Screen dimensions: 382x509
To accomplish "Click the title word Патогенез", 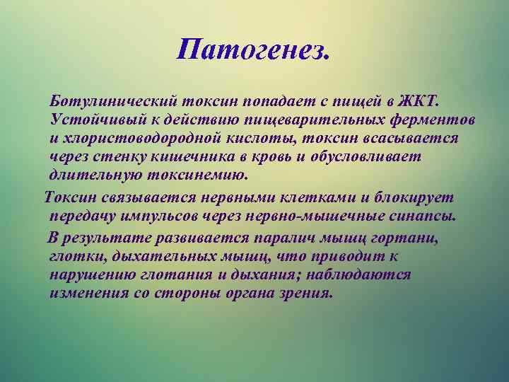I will pyautogui.click(x=254, y=50).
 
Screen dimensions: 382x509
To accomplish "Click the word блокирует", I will pyautogui.click(x=415, y=196).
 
